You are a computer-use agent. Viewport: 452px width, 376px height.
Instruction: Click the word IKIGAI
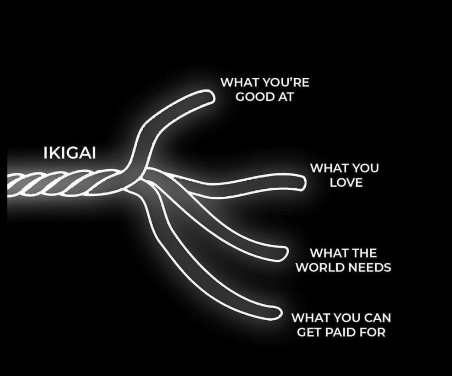pyautogui.click(x=69, y=153)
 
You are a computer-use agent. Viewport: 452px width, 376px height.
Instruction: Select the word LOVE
pyautogui.click(x=346, y=182)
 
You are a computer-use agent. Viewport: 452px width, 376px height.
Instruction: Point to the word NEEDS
pyautogui.click(x=371, y=268)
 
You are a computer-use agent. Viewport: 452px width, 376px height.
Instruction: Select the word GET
pyautogui.click(x=308, y=332)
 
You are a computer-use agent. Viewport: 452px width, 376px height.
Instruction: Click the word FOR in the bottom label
pyautogui.click(x=372, y=332)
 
